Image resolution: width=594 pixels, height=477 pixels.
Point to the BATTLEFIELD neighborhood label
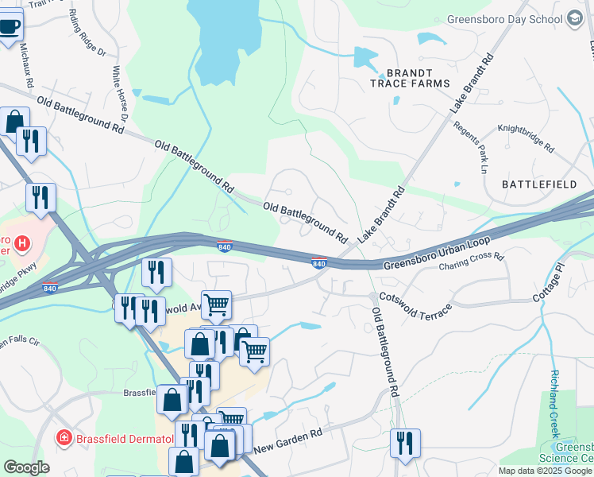[x=539, y=184]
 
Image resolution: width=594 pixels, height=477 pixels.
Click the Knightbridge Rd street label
[x=525, y=137]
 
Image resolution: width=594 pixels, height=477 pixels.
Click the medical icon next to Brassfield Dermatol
[x=64, y=438]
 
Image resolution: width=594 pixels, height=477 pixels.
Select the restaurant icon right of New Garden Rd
[x=405, y=443]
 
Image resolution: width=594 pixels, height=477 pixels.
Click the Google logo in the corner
[x=27, y=467]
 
